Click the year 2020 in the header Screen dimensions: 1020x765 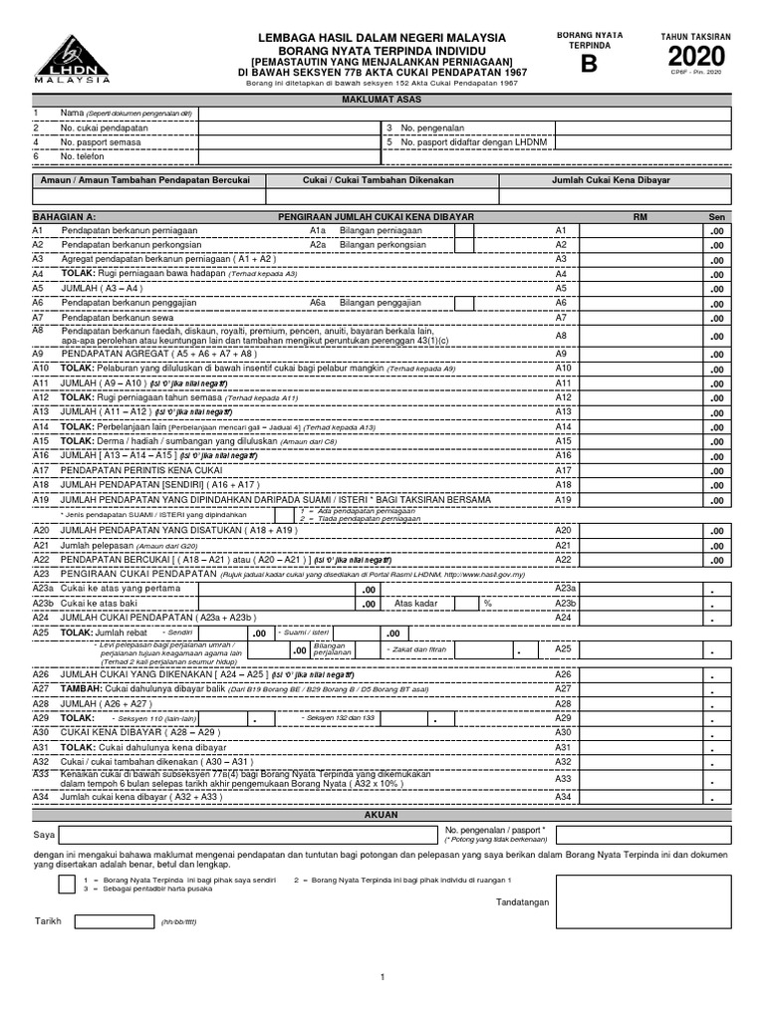click(x=703, y=58)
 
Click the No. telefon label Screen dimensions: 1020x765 click(x=82, y=156)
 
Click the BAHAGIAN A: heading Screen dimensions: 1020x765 click(x=65, y=216)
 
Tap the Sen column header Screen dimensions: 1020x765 click(x=716, y=216)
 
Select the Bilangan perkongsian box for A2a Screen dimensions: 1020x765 click(x=464, y=244)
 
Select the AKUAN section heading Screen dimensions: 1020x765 click(x=382, y=815)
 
